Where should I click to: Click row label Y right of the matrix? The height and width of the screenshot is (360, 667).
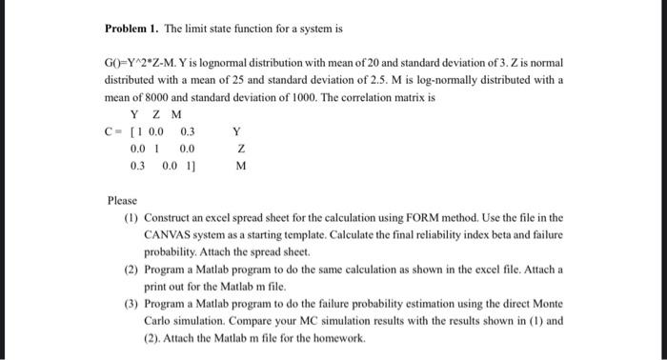click(236, 131)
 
